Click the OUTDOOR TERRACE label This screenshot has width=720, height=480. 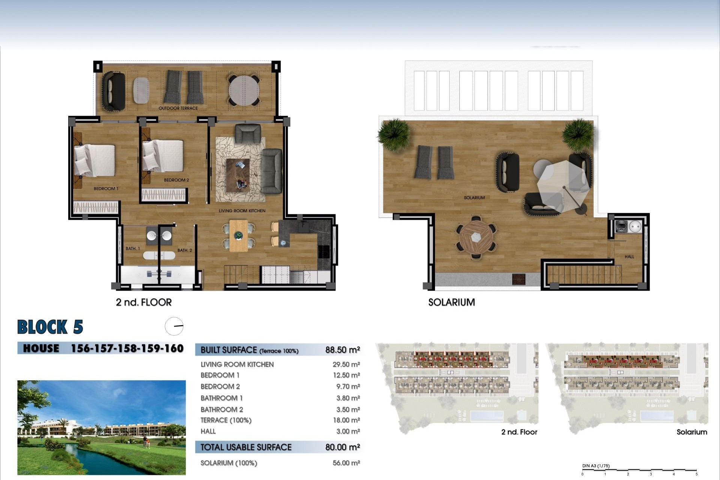tap(178, 108)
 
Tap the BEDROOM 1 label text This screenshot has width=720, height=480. tap(106, 189)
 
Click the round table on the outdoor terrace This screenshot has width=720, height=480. tap(244, 90)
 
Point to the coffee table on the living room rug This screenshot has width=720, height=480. tap(238, 175)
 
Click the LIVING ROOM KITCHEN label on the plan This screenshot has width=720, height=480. tap(242, 211)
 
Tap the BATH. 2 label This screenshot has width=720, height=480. tap(184, 250)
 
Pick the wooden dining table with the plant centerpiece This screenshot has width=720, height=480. tap(238, 236)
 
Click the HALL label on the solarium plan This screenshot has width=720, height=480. tap(629, 257)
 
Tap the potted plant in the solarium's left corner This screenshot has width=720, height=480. tap(393, 134)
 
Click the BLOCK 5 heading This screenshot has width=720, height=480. tap(50, 327)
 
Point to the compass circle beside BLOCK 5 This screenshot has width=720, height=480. tap(174, 326)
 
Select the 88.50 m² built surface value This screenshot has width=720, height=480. tap(342, 350)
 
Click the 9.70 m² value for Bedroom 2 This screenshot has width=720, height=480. tap(346, 387)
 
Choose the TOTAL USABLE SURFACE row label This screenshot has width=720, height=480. tap(246, 447)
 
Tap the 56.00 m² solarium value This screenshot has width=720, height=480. tap(346, 463)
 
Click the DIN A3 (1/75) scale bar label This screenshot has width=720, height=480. tap(596, 466)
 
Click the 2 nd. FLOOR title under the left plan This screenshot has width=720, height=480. tap(144, 302)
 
